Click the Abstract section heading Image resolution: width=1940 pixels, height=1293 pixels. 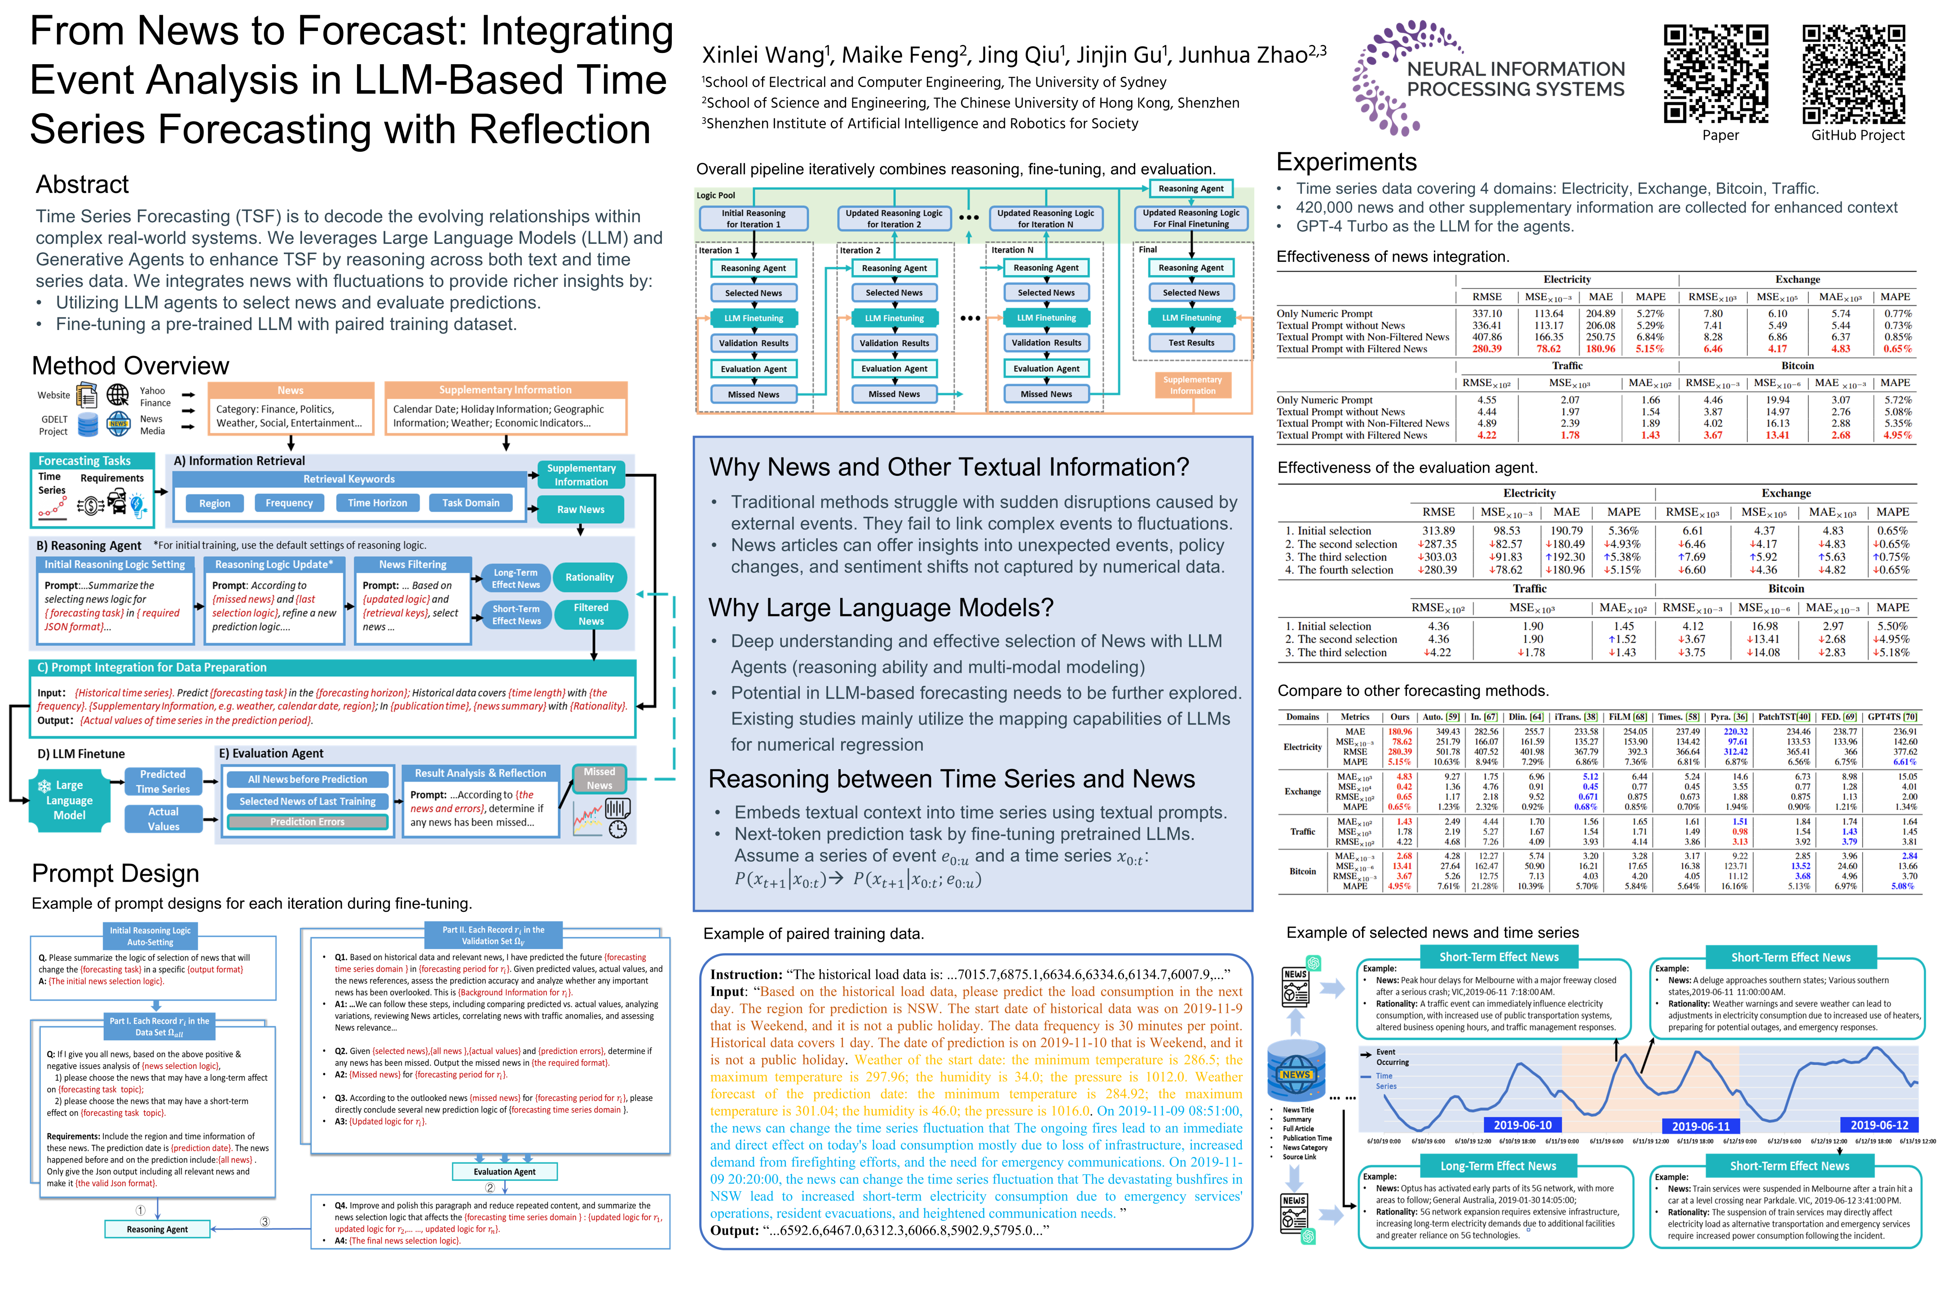[83, 184]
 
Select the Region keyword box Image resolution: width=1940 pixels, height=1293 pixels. [215, 503]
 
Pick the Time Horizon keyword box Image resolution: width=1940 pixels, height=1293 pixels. [377, 503]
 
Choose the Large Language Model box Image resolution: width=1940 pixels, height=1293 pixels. [69, 800]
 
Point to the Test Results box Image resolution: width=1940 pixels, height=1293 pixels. [1191, 342]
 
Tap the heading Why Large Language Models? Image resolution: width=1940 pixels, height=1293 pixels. [881, 608]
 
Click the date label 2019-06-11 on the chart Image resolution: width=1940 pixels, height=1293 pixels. [1700, 1126]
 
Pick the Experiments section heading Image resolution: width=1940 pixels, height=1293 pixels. [1346, 162]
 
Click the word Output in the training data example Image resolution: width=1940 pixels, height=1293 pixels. [733, 1230]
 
